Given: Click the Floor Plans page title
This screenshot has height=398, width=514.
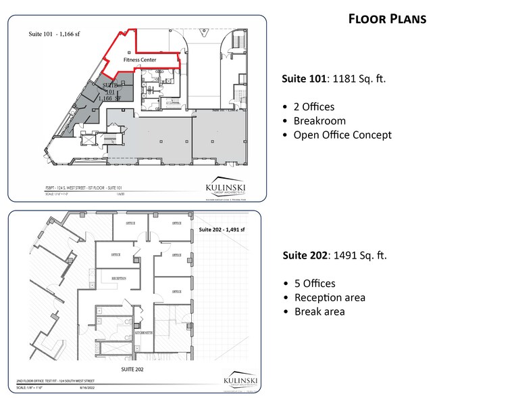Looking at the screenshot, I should [387, 19].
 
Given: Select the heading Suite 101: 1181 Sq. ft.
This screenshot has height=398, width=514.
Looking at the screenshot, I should [333, 79].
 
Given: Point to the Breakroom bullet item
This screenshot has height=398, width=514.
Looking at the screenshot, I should [319, 121].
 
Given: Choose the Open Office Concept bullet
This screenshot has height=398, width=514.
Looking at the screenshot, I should [342, 135].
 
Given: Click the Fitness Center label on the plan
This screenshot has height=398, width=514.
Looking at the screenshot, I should [140, 60].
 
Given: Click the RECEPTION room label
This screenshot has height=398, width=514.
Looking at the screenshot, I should [110, 278].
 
